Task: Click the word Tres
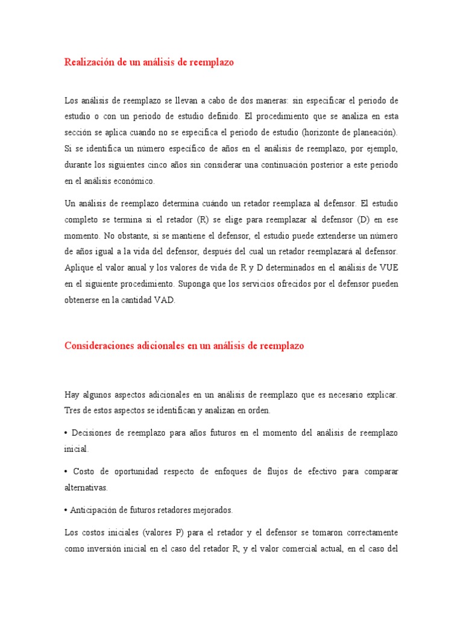click(73, 411)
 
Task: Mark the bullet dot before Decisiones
click(66, 433)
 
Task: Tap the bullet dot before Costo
click(66, 471)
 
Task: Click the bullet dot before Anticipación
click(66, 510)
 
